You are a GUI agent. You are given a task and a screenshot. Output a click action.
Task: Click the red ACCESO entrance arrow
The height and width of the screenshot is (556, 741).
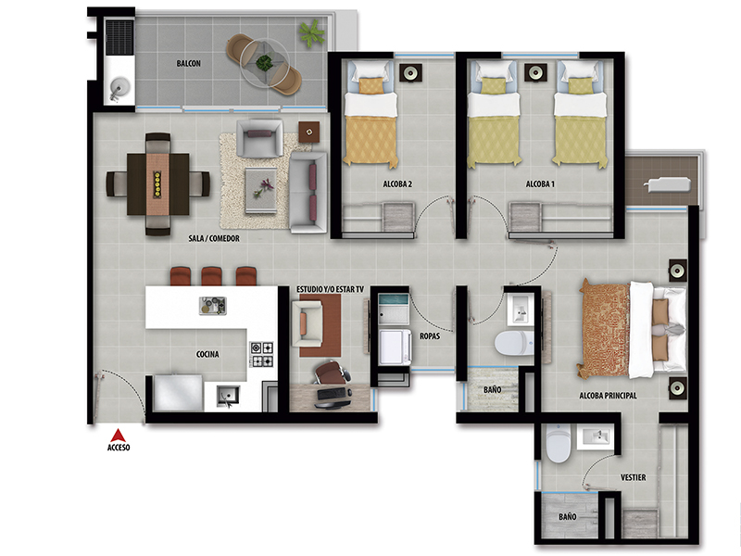coord(119,436)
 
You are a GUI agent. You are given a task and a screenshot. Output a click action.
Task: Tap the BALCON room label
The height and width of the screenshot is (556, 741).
coord(189,63)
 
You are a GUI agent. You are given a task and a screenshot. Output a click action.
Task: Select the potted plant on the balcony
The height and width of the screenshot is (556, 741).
coord(311,33)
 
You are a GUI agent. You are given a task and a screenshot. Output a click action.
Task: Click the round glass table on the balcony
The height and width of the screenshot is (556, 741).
coord(264,62)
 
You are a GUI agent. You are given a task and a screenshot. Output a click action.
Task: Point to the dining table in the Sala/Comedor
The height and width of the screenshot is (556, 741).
coord(157,183)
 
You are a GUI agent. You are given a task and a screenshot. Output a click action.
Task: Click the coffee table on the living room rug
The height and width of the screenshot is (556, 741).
coord(261,191)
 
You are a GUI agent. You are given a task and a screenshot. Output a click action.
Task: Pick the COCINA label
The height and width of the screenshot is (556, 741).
coord(207,354)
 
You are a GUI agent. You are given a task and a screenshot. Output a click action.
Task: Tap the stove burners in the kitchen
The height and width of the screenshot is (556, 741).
coord(262,355)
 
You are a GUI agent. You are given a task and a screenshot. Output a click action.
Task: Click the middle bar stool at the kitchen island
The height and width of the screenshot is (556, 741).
coord(211,276)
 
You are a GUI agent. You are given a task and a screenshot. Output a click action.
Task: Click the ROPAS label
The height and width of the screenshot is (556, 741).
coord(430,336)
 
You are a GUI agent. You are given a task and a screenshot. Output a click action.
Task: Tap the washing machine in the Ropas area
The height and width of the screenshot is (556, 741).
coord(396,347)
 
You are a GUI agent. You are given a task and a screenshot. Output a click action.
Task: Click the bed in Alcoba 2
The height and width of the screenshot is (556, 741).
coord(370,113)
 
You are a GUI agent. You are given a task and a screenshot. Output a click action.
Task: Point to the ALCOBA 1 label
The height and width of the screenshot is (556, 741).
coord(540,183)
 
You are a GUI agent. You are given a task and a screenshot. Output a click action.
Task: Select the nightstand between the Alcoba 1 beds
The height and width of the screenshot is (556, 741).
coord(535,73)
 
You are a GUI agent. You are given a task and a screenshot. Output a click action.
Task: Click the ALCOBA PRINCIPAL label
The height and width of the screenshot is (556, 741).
coord(608,396)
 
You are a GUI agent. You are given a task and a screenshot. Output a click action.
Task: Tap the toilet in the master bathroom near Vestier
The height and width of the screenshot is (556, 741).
coord(559,444)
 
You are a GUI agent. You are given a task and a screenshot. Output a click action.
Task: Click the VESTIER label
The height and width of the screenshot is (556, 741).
coord(633,477)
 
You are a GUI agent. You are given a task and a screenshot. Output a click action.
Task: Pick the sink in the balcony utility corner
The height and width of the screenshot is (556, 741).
coord(120,88)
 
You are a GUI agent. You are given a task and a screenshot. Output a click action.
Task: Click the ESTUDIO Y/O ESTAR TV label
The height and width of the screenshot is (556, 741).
coord(330,289)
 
